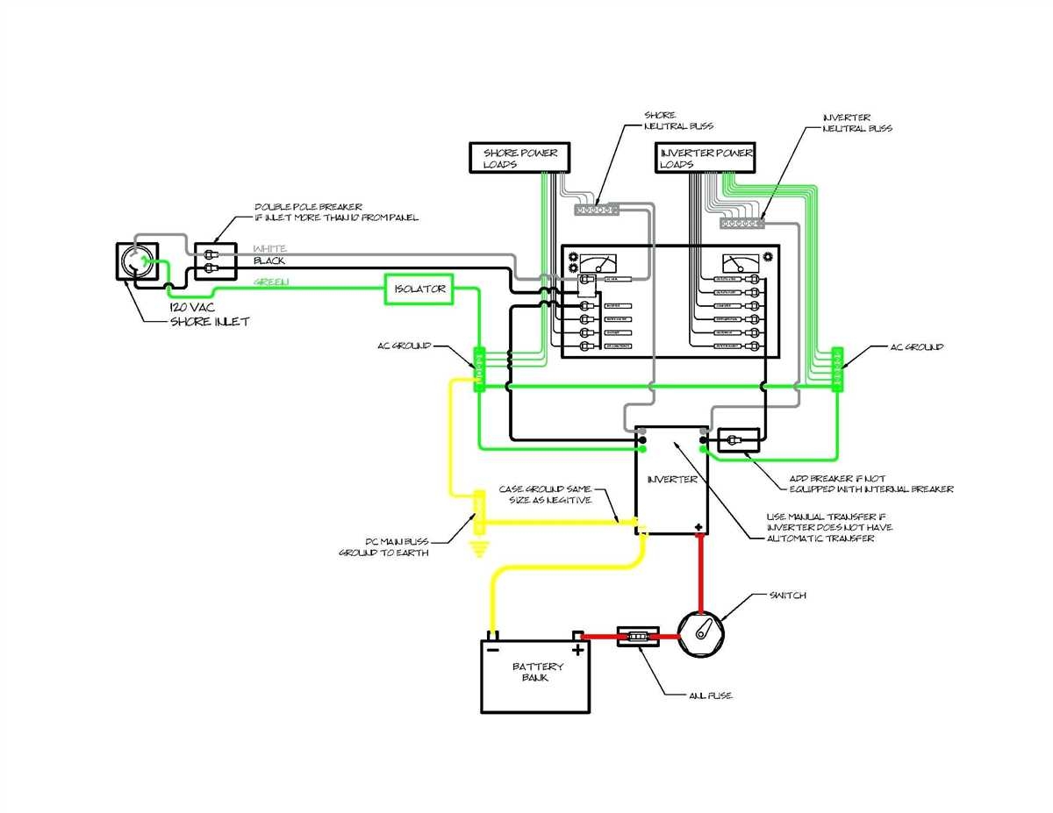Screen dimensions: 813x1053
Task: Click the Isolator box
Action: [x=419, y=289]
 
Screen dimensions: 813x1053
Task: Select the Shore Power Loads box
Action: [x=519, y=157]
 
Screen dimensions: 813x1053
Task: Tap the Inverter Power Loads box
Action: [x=706, y=157]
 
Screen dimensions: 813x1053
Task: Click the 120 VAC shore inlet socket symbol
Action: [x=139, y=262]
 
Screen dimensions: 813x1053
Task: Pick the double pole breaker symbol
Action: [x=214, y=261]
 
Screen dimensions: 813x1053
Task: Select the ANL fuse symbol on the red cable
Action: [x=640, y=636]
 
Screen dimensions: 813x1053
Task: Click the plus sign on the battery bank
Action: [x=577, y=651]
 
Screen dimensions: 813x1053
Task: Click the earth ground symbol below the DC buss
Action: [x=478, y=549]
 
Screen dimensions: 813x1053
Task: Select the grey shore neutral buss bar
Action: [x=597, y=210]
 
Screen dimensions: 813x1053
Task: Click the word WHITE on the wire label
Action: [x=270, y=249]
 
